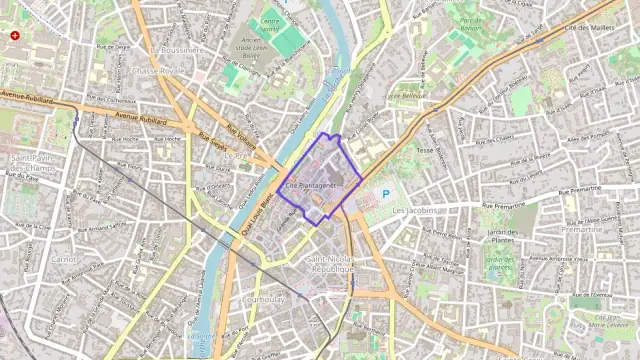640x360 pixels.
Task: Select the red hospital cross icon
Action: [15, 35]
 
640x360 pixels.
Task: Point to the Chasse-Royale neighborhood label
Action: [158, 72]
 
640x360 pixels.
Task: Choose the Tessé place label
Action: [425, 149]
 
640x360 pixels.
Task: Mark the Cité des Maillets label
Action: [589, 28]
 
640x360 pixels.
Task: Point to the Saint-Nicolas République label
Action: [329, 264]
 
